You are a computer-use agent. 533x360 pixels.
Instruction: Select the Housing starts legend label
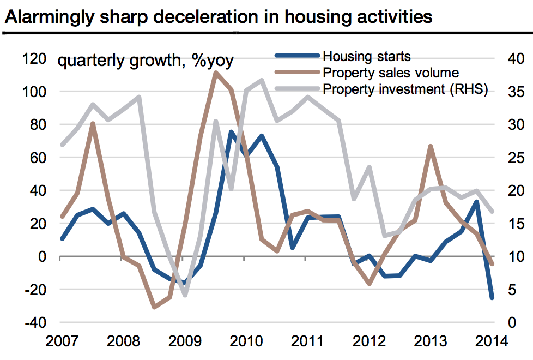coord(366,56)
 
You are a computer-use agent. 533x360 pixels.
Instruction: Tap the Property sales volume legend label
coord(391,73)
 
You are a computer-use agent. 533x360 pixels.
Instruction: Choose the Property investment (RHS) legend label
coord(405,89)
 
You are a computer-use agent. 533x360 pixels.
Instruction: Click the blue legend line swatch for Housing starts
coord(297,56)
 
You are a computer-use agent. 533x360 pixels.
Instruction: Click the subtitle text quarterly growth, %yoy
coord(146,61)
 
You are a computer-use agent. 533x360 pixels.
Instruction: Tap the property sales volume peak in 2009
coord(215,73)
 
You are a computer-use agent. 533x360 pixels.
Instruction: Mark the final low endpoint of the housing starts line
coord(492,298)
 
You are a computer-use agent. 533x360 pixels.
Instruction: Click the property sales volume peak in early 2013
coord(431,146)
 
